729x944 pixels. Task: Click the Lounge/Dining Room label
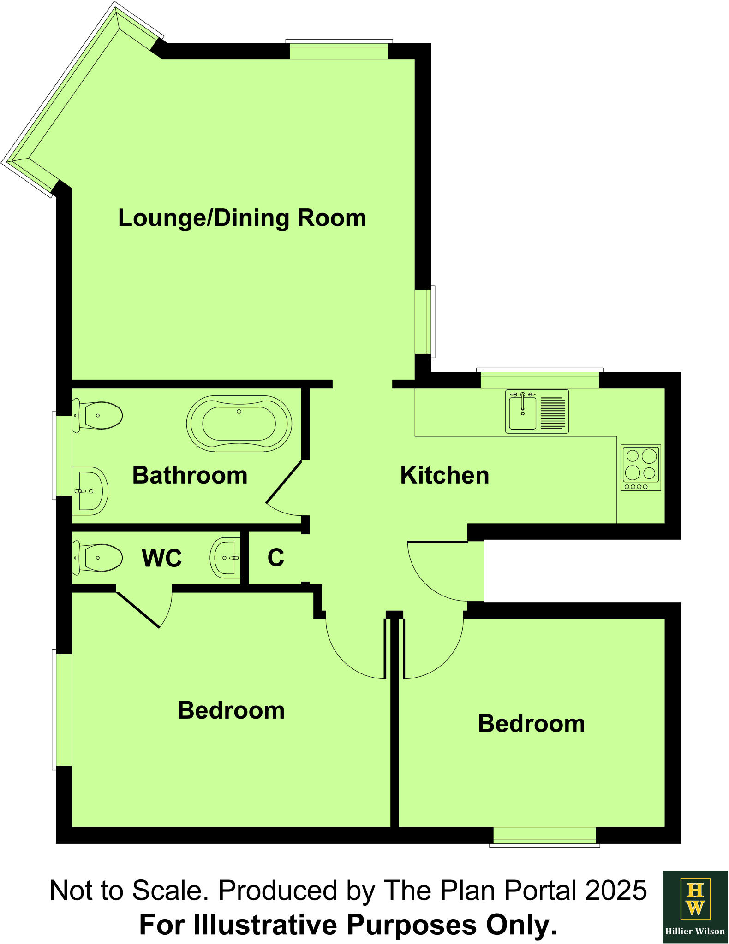[x=242, y=218]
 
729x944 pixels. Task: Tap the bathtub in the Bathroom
[x=239, y=423]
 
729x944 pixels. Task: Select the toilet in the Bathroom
[x=98, y=415]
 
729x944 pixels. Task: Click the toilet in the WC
[x=98, y=558]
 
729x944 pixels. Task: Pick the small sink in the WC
[x=226, y=558]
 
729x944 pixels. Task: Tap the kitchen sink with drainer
[x=537, y=412]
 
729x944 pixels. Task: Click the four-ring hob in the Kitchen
[x=640, y=467]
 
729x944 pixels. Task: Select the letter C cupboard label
[x=275, y=558]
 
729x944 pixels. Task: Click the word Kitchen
[x=444, y=475]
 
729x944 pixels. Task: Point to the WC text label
[x=161, y=558]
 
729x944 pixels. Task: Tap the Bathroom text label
[x=190, y=475]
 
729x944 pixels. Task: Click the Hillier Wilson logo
[x=695, y=906]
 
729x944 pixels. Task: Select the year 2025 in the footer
[x=615, y=890]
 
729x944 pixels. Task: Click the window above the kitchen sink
[x=539, y=380]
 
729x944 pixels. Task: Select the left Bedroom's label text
[x=231, y=710]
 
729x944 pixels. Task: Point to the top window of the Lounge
[x=339, y=51]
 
